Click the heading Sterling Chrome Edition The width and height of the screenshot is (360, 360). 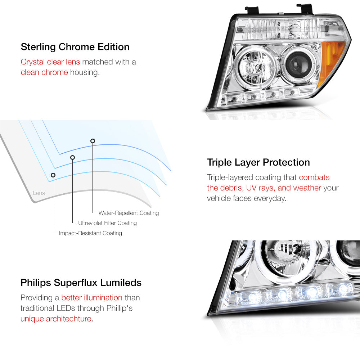point(75,47)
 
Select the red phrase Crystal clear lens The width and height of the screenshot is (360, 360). point(50,62)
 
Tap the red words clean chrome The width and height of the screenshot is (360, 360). point(44,72)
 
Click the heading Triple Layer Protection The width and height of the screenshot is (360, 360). point(258,162)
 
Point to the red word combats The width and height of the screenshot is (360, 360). point(314,177)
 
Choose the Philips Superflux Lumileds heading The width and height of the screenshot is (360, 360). point(81,283)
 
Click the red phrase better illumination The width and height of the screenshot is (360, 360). point(92,298)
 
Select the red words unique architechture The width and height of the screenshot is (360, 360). point(56,319)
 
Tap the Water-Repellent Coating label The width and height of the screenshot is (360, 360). point(129,213)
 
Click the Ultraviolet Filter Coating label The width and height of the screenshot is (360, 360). point(107,223)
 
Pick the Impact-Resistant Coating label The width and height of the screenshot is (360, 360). point(90,233)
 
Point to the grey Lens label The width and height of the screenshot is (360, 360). point(39,193)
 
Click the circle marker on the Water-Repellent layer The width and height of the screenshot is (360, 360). point(93,141)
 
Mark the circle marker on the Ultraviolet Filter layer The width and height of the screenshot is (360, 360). point(73,158)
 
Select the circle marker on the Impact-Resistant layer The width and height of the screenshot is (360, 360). point(53,175)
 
